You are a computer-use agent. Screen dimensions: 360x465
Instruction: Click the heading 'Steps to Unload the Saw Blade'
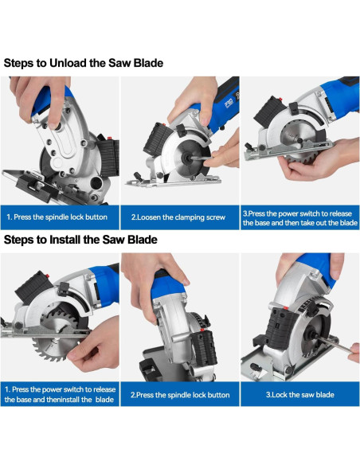tap(84, 63)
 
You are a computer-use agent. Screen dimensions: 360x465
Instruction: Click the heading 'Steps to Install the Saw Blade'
tap(80, 240)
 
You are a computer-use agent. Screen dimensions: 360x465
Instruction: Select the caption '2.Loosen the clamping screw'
tap(178, 217)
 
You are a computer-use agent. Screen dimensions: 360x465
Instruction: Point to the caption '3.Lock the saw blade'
tap(299, 395)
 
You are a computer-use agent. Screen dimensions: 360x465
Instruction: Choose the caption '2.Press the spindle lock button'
tap(180, 395)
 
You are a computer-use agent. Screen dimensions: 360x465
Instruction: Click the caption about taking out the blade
tap(299, 218)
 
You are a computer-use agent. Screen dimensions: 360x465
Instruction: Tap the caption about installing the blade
tap(60, 394)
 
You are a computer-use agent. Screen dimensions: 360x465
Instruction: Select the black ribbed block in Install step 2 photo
tap(205, 348)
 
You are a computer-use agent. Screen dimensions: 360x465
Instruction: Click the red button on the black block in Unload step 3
tap(279, 99)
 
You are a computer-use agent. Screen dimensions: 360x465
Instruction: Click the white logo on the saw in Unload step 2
tap(229, 103)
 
